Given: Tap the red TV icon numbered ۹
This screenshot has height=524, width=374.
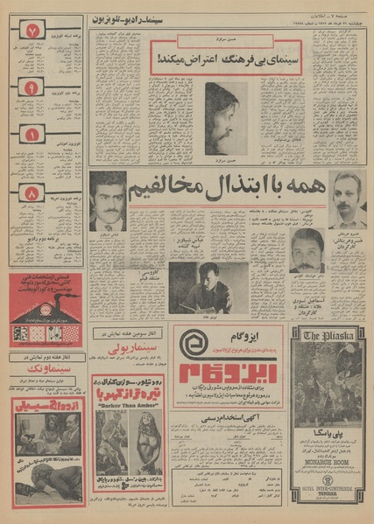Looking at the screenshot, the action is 31,88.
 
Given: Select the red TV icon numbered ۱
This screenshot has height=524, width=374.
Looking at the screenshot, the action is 32,135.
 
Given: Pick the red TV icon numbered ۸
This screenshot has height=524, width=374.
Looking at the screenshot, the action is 32,193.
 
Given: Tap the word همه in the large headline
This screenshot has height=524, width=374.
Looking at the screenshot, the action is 302,189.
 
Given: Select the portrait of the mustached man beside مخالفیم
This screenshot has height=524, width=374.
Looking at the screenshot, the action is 108,201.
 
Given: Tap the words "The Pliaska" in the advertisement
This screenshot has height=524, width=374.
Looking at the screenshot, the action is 328,333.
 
